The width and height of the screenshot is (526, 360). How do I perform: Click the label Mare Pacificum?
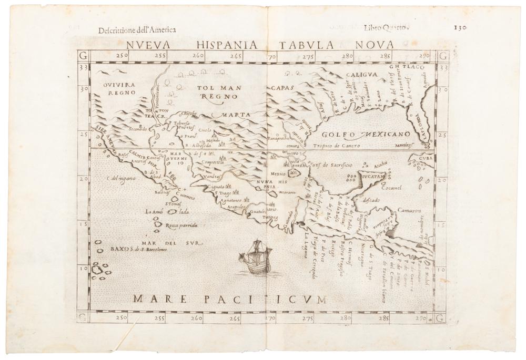[229, 299]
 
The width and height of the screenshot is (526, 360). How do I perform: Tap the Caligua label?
[361, 75]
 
